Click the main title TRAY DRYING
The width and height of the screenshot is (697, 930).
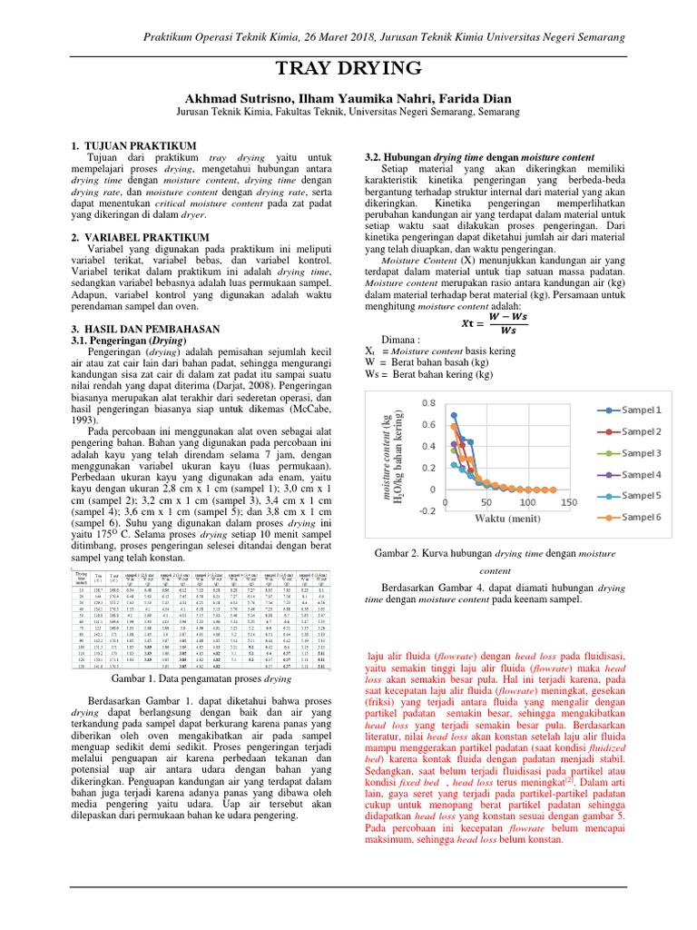(x=348, y=69)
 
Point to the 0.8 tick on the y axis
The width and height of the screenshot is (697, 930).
(x=427, y=402)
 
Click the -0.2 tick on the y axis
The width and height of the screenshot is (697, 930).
(x=425, y=510)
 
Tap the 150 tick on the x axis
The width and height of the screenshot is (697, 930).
(x=568, y=501)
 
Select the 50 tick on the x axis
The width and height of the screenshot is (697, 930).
(x=486, y=501)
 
